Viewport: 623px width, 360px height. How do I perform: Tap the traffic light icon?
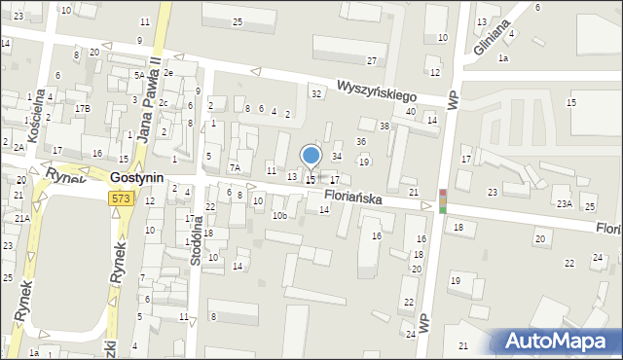pyautogui.click(x=443, y=201)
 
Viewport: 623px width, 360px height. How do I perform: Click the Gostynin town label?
pyautogui.click(x=136, y=179)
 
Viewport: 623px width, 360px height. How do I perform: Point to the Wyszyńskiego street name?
pyautogui.click(x=377, y=90)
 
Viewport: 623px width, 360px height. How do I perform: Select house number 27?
pyautogui.click(x=372, y=60)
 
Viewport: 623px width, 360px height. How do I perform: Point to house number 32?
pyautogui.click(x=316, y=93)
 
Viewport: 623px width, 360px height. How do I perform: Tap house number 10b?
pyautogui.click(x=279, y=215)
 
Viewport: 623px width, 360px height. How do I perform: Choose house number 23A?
pyautogui.click(x=564, y=203)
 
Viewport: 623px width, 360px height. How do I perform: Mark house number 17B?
pyautogui.click(x=83, y=108)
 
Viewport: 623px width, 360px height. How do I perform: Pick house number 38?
pyautogui.click(x=385, y=126)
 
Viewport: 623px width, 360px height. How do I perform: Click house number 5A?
pyautogui.click(x=140, y=75)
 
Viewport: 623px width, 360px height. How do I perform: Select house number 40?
pyautogui.click(x=411, y=112)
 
